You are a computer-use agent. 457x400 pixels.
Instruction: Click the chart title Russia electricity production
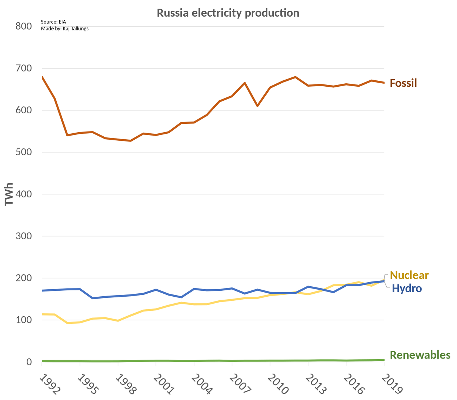(228, 13)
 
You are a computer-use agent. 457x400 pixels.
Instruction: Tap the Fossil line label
(403, 83)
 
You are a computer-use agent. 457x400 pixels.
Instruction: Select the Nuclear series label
(409, 275)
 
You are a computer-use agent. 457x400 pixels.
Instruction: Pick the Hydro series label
(407, 288)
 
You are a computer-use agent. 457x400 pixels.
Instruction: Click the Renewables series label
(420, 355)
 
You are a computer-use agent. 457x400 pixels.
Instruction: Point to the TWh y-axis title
(9, 194)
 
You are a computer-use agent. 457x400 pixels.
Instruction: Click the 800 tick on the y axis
(24, 26)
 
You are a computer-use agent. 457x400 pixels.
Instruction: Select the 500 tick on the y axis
(24, 152)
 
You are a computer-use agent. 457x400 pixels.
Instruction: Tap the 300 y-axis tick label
(24, 236)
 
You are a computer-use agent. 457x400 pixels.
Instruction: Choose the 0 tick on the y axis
(29, 362)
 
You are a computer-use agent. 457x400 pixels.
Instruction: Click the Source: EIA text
(53, 22)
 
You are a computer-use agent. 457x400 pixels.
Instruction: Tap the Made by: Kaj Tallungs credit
(64, 29)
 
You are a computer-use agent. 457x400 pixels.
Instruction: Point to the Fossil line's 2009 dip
(257, 106)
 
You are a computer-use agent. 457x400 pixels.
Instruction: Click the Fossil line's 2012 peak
(296, 77)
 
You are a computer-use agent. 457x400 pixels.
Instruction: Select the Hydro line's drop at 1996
(93, 298)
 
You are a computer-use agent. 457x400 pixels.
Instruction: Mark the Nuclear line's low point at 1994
(67, 323)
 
